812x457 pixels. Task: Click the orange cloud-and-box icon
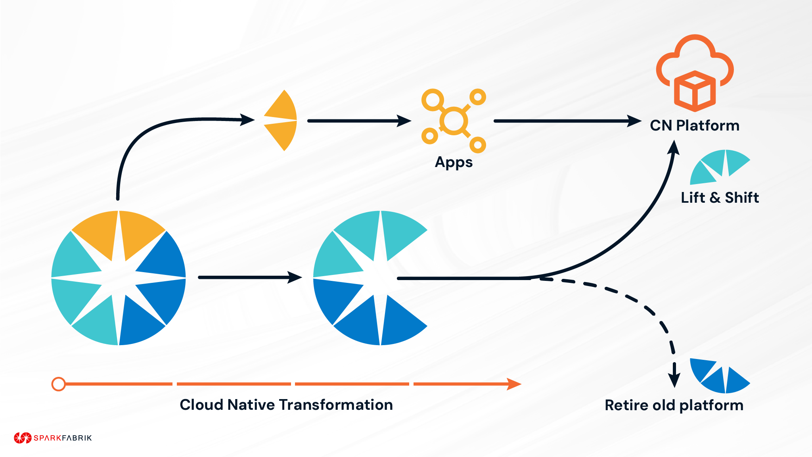[695, 73]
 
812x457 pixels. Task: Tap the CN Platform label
[695, 126]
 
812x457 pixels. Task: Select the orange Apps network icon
[454, 121]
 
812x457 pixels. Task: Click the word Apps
[454, 162]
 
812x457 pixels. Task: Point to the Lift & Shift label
[720, 198]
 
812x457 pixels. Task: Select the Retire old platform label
[674, 405]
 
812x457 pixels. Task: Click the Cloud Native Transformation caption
[286, 405]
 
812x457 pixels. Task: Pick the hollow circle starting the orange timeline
[59, 384]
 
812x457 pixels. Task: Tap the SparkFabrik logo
[53, 438]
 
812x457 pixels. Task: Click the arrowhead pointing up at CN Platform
[674, 148]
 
